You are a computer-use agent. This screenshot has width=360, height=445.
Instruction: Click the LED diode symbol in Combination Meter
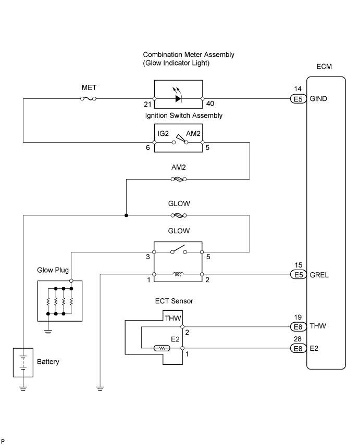click(178, 98)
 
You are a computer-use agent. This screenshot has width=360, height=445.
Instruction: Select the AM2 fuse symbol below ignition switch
click(178, 180)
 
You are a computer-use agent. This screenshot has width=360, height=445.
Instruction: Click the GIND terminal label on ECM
click(318, 98)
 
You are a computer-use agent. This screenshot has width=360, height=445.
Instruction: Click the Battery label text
click(47, 361)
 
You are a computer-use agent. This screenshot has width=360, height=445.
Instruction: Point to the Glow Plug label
click(53, 270)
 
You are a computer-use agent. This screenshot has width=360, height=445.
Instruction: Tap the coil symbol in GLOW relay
click(178, 274)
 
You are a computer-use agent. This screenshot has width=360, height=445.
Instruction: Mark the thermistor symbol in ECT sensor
click(161, 348)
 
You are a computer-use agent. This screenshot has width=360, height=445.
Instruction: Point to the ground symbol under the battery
click(23, 388)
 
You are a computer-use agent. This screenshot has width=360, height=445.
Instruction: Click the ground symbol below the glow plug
click(47, 330)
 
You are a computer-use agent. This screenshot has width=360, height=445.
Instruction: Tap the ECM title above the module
click(324, 67)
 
